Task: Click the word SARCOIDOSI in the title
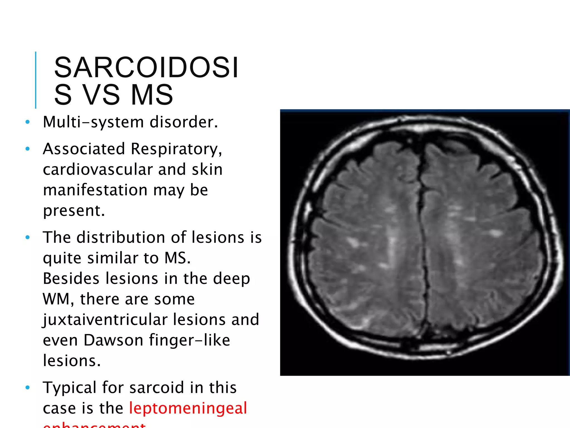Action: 146,67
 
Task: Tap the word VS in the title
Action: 101,95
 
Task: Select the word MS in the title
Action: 152,95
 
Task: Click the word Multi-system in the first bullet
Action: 94,122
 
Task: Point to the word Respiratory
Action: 176,149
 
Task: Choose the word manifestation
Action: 95,190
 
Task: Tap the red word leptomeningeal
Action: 188,408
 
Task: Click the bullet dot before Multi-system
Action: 27,122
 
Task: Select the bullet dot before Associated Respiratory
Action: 27,149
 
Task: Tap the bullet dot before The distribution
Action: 27,237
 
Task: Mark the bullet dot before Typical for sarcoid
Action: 27,388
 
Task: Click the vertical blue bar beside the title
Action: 36,80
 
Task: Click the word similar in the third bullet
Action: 113,258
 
